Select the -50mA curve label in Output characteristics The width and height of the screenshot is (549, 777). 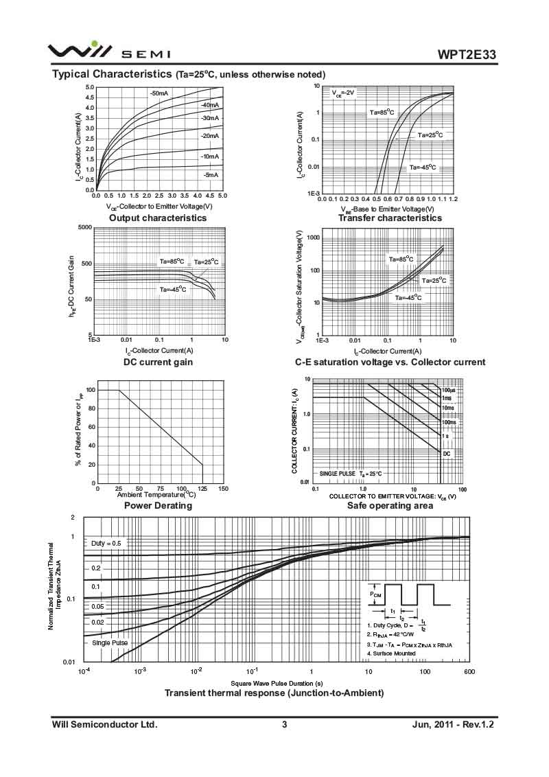[159, 93]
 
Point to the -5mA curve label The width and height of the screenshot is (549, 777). [211, 175]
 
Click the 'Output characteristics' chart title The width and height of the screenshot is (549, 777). [158, 218]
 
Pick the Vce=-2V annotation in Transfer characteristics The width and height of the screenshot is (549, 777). [343, 93]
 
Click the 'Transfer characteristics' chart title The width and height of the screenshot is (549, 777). [390, 218]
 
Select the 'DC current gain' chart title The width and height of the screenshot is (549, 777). [158, 362]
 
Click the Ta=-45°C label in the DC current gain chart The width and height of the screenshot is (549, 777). [173, 289]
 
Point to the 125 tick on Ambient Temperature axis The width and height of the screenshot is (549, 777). [202, 489]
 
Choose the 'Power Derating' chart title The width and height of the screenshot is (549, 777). [158, 505]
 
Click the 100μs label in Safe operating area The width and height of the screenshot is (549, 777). [448, 390]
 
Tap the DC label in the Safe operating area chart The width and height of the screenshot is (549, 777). [446, 454]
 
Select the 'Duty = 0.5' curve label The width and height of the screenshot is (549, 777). [106, 543]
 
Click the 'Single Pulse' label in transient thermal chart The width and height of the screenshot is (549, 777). [110, 643]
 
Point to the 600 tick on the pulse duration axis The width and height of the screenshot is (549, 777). [469, 671]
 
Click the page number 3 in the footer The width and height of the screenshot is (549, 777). [284, 724]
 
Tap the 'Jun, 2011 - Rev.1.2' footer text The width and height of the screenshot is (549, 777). [453, 724]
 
